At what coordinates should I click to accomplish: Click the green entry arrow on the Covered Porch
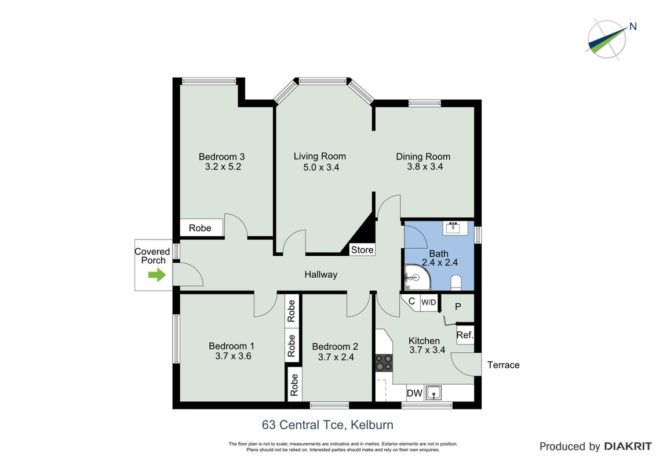click(157, 275)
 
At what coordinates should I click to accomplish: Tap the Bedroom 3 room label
click(222, 157)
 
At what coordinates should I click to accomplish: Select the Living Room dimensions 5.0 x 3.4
click(321, 167)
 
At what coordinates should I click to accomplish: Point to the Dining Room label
click(424, 157)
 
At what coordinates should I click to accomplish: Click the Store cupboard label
click(362, 250)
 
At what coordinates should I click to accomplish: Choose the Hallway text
click(321, 275)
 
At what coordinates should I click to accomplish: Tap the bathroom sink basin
click(453, 228)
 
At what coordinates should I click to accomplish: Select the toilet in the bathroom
click(456, 282)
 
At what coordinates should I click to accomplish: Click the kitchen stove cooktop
click(384, 362)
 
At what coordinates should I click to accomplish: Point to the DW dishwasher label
click(414, 393)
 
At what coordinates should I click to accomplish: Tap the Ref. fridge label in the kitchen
click(465, 335)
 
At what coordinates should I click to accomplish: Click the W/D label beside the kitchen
click(429, 302)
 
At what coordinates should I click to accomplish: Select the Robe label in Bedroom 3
click(200, 229)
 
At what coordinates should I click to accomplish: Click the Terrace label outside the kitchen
click(503, 365)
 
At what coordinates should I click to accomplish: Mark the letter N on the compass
click(633, 27)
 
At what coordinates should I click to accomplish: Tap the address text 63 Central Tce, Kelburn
click(327, 425)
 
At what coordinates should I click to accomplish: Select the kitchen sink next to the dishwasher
click(434, 393)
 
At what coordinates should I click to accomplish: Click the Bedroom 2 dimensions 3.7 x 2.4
click(336, 357)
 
